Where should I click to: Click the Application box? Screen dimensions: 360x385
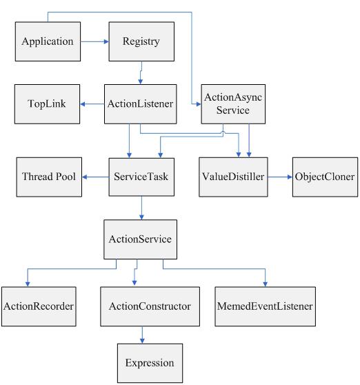point(48,41)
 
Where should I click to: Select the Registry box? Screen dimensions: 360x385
point(141,41)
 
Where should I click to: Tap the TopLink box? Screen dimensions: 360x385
point(47,104)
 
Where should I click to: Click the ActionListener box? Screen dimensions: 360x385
point(141,104)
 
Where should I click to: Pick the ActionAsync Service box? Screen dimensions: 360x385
point(233,104)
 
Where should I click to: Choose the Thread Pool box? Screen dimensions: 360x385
point(49,177)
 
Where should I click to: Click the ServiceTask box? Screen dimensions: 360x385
point(141,177)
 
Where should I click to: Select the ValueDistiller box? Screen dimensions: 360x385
point(233,177)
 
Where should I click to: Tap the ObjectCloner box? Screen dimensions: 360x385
point(325,177)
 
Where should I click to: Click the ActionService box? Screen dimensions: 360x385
point(141,239)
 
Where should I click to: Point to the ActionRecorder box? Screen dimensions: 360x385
point(39,306)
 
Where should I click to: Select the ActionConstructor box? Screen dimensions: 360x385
point(150,306)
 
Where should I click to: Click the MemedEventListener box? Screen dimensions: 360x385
point(266,306)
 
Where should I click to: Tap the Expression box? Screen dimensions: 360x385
point(150,363)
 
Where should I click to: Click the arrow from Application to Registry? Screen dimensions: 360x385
point(94,41)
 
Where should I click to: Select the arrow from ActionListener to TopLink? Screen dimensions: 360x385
point(92,104)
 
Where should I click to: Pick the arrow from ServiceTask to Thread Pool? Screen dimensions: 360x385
point(95,177)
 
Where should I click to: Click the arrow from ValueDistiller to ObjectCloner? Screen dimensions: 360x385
point(280,177)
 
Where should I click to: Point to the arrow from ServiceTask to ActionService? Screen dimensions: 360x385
point(141,208)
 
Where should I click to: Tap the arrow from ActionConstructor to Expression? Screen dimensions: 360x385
point(142,335)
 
